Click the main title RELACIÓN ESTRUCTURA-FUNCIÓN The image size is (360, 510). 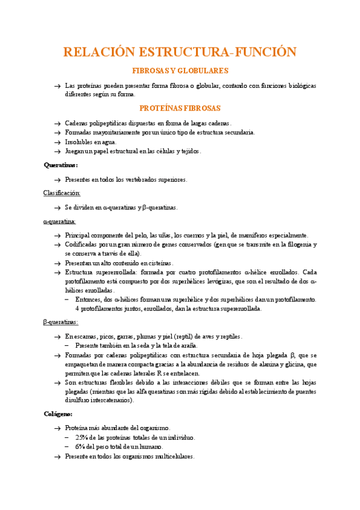click(x=180, y=52)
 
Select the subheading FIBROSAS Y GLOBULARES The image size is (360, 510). click(x=180, y=70)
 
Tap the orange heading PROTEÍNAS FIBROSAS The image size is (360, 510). click(x=180, y=108)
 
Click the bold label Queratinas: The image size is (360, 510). click(x=61, y=164)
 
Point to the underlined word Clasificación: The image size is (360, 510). click(x=62, y=193)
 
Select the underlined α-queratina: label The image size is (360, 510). click(x=59, y=221)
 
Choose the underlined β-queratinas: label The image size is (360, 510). click(x=61, y=322)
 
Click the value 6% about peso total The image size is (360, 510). click(x=81, y=447)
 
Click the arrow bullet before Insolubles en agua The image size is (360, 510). click(x=56, y=142)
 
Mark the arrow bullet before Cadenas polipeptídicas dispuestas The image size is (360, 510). click(x=56, y=123)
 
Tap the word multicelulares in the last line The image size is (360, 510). click(x=174, y=456)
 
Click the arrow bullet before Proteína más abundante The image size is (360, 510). click(x=56, y=428)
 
